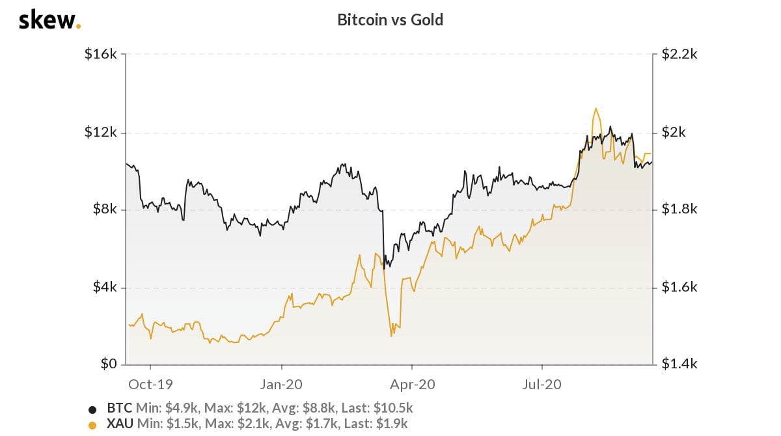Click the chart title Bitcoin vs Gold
click(390, 20)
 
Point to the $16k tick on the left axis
click(101, 55)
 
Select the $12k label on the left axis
click(101, 132)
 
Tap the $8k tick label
click(103, 210)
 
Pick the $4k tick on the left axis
click(103, 287)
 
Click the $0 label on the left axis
click(107, 364)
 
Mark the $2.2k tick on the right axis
click(679, 55)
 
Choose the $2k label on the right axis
click(674, 132)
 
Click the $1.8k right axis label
click(679, 210)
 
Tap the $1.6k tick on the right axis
click(679, 287)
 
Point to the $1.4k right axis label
click(679, 364)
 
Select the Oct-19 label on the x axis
click(150, 384)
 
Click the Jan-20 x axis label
click(281, 384)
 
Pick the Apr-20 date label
click(411, 384)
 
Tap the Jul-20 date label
click(542, 384)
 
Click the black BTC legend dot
click(92, 409)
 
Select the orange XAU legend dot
click(92, 424)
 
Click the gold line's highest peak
click(596, 109)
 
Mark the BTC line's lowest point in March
click(385, 267)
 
